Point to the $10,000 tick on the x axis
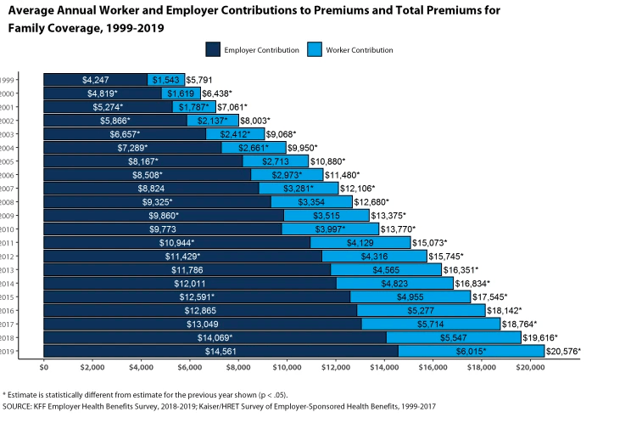[x=287, y=367]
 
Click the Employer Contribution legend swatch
[x=213, y=50]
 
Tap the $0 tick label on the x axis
[x=44, y=367]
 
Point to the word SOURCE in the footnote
[x=19, y=405]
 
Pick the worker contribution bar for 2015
[x=410, y=296]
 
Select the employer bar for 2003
[x=125, y=133]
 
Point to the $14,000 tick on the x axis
[x=384, y=367]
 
